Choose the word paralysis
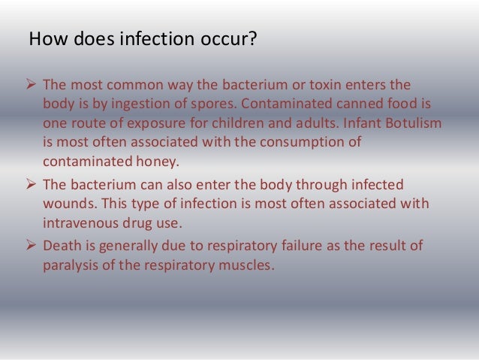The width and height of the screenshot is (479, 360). point(72,264)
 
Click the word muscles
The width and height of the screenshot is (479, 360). point(239,264)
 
